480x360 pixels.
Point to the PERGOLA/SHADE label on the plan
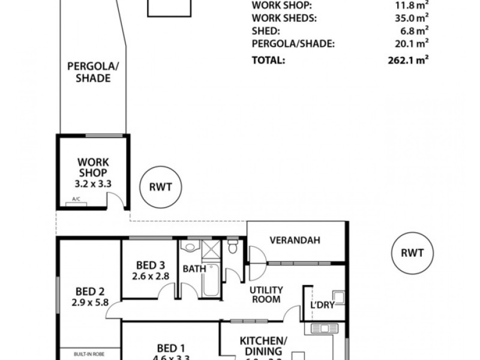click(x=89, y=72)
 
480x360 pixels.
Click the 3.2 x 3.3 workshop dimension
click(x=92, y=183)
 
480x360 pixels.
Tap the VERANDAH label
click(x=295, y=240)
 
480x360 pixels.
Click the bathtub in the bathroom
click(x=211, y=282)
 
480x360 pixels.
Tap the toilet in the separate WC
click(x=233, y=246)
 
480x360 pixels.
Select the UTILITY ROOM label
click(x=266, y=294)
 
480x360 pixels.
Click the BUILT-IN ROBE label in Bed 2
click(x=88, y=353)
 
